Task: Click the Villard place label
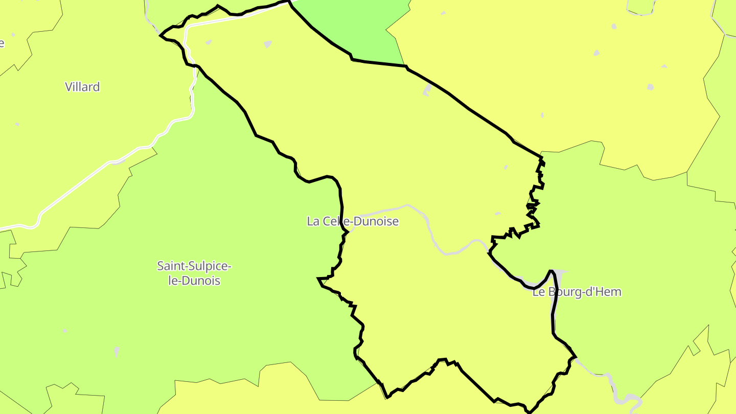(x=82, y=87)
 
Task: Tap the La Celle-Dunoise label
(x=352, y=221)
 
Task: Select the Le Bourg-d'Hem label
(x=577, y=292)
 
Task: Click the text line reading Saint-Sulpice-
(x=194, y=266)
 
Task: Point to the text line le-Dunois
(x=194, y=281)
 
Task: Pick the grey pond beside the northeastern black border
(x=427, y=90)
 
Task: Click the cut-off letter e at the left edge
(x=2, y=43)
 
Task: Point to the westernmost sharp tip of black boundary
(x=161, y=36)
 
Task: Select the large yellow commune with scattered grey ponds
(x=562, y=77)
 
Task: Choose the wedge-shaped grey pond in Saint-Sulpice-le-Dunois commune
(x=117, y=351)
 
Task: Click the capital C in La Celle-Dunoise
(x=326, y=221)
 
